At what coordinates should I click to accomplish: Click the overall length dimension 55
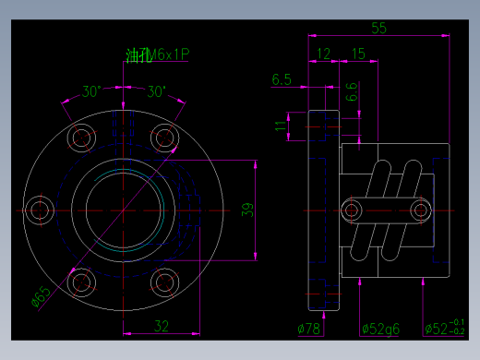[378, 28]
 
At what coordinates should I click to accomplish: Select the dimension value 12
[323, 54]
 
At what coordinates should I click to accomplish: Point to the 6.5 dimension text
[282, 80]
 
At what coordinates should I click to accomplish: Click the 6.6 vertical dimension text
[352, 91]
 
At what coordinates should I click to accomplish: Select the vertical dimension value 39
[246, 210]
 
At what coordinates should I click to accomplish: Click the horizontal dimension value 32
[161, 325]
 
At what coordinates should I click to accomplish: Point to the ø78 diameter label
[308, 329]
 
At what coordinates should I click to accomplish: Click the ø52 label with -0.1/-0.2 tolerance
[444, 329]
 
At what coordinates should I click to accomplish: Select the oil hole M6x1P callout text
[157, 56]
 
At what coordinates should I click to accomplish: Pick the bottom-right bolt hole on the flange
[165, 282]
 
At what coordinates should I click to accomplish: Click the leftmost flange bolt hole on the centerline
[40, 210]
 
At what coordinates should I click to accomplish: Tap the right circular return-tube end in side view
[421, 210]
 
